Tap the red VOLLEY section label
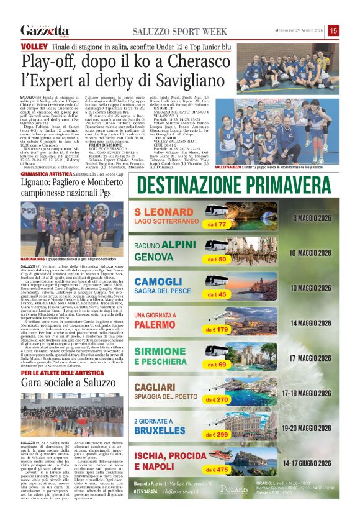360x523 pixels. tap(31, 47)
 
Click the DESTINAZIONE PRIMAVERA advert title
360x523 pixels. tap(236, 186)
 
